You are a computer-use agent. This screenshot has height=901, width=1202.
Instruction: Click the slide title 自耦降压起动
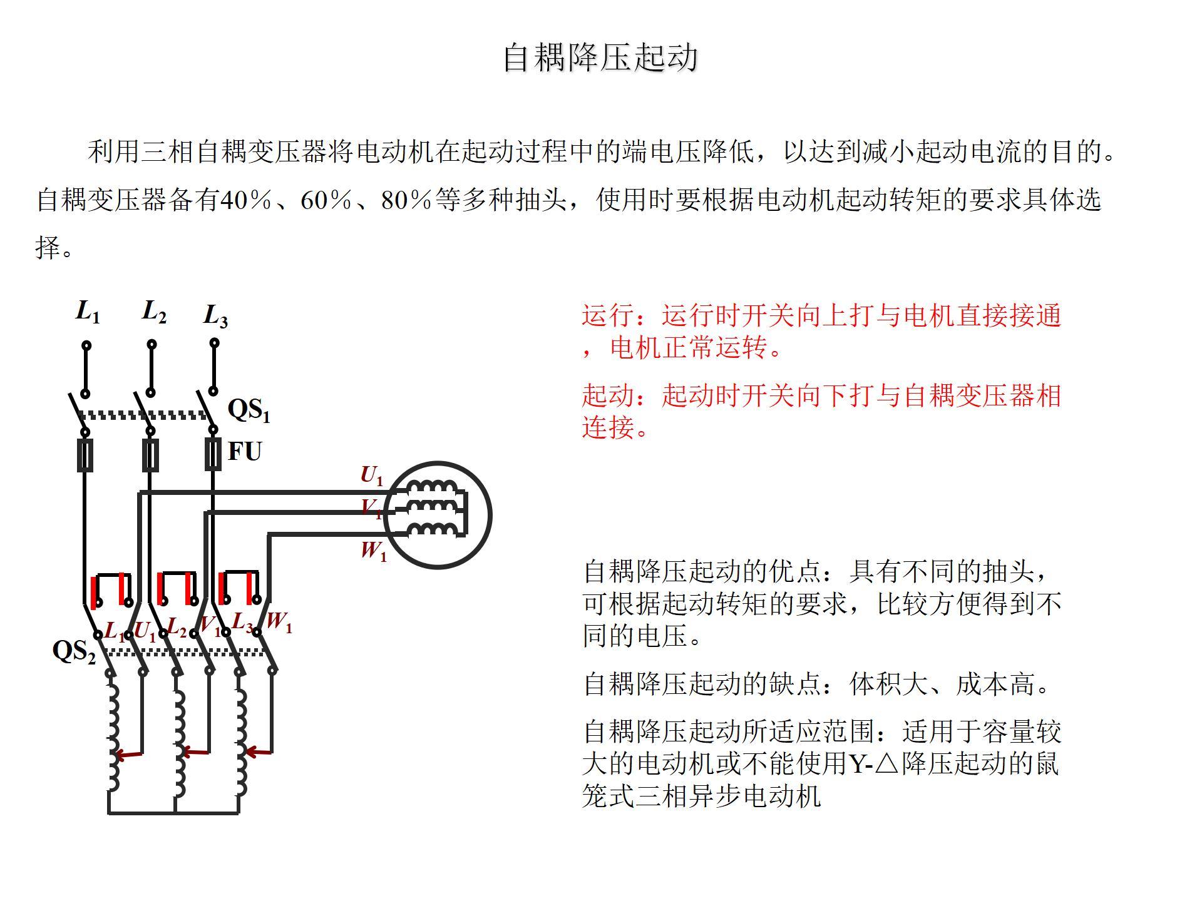600,58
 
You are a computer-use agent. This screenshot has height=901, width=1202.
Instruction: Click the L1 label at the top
88,311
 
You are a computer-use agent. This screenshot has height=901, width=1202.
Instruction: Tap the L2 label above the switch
154,311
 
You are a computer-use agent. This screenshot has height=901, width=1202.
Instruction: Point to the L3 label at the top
215,315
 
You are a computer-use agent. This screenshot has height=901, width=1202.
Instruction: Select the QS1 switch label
249,410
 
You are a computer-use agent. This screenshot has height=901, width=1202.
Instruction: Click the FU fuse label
244,451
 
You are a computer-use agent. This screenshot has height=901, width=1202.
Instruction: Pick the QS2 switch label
74,651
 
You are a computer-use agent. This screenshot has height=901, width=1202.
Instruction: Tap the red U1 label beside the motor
371,476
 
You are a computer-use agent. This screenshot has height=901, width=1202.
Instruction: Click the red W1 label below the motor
374,551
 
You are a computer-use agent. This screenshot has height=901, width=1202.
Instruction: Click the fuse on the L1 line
85,455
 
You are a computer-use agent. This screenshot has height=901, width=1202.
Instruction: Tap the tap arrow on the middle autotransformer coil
194,752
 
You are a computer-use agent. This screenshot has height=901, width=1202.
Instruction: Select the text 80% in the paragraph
407,200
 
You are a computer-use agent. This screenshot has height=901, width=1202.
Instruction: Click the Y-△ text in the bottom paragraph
874,763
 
